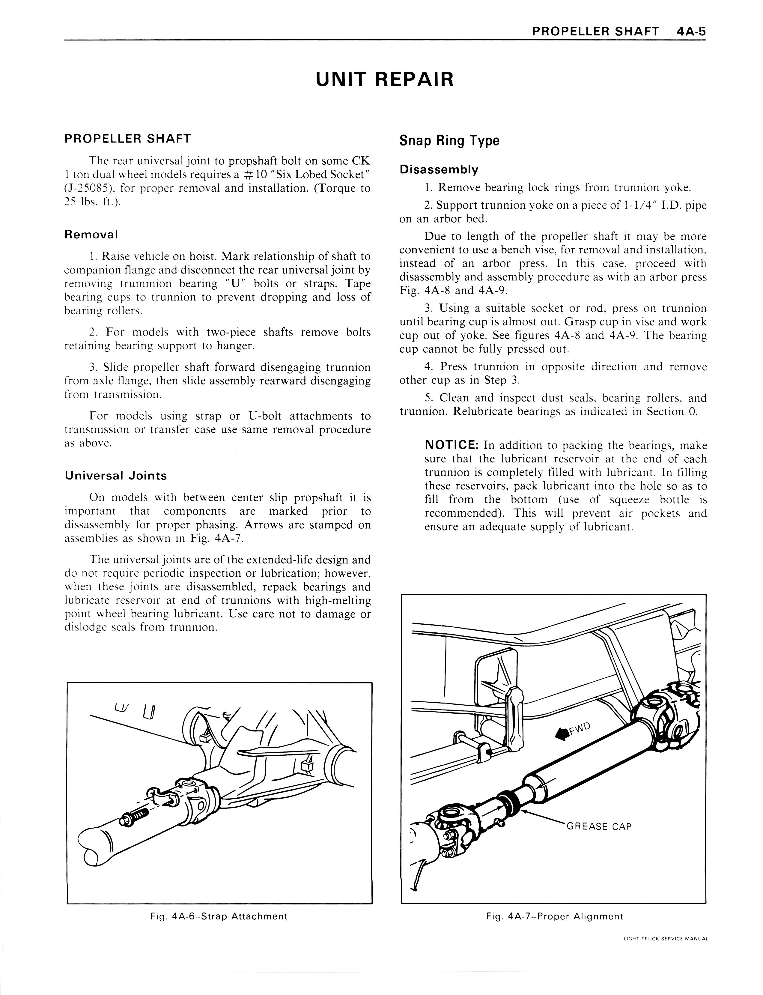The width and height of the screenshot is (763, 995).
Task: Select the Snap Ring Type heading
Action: (x=449, y=141)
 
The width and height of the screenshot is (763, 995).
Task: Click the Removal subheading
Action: (x=91, y=235)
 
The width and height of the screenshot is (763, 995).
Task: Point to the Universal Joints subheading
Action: (x=116, y=476)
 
